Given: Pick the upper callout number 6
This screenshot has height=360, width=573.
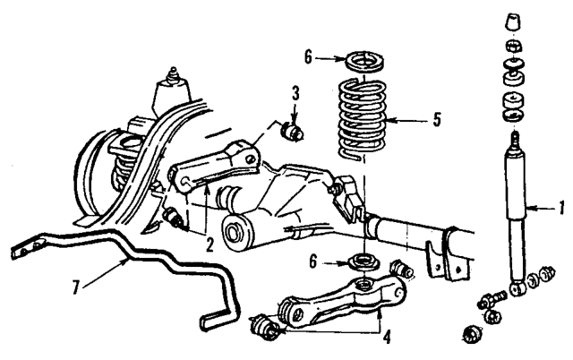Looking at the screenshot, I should (x=309, y=56).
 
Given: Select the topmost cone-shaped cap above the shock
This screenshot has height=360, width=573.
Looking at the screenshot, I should (x=515, y=22).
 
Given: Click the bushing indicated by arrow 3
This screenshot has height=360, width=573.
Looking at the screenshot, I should (x=290, y=133).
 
